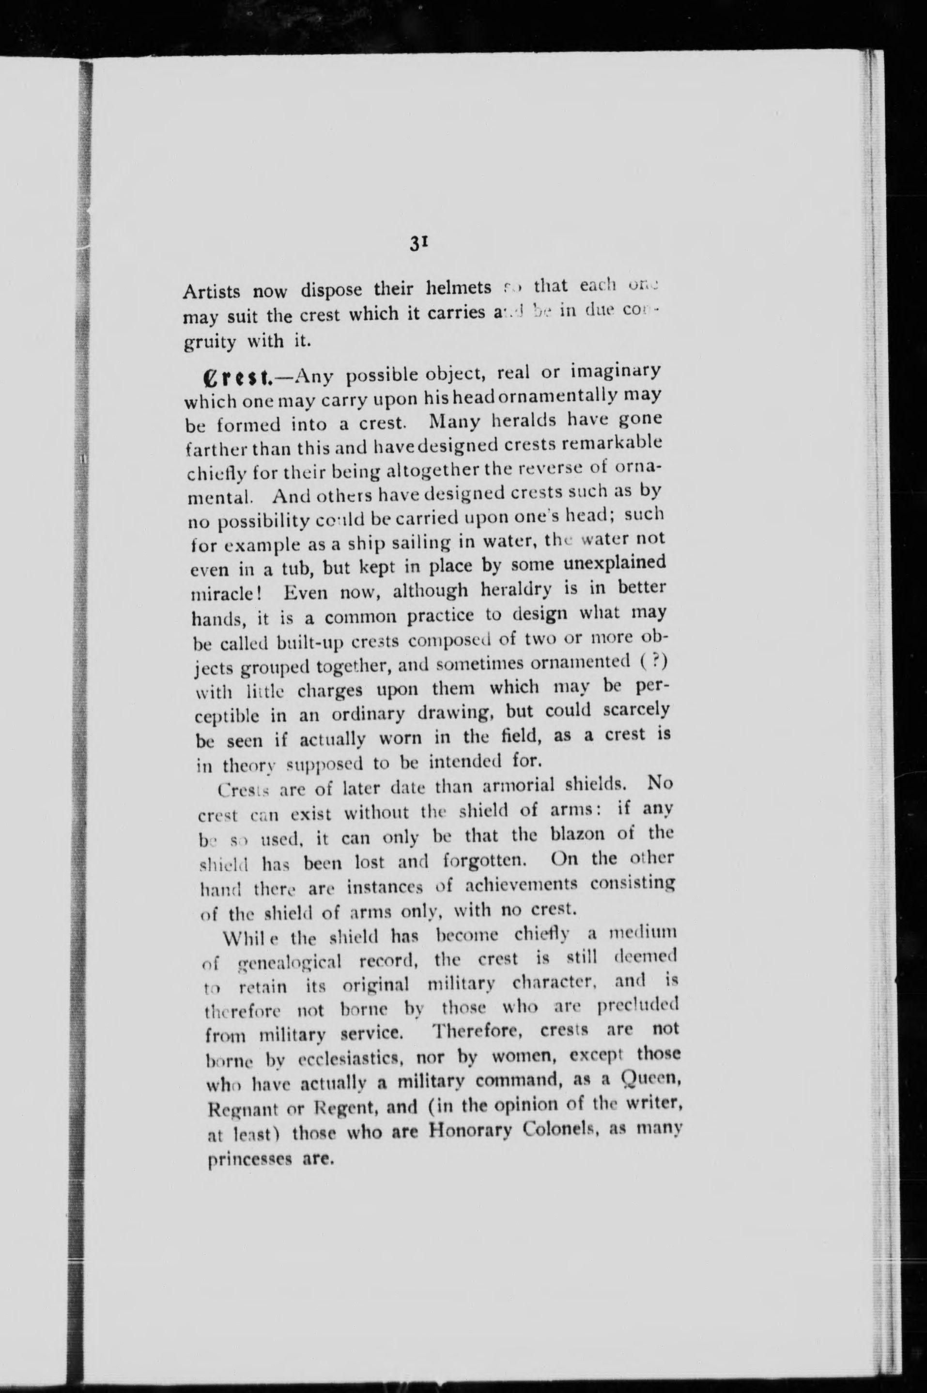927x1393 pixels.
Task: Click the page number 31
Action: point(417,245)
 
